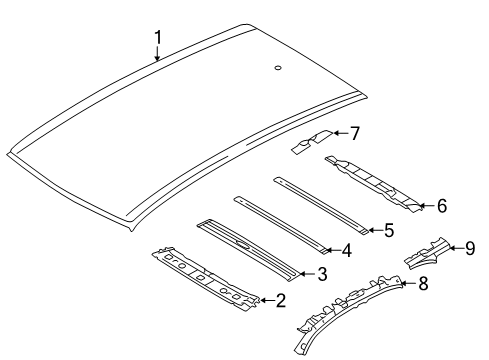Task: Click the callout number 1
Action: tap(158, 37)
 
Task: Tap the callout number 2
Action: tap(281, 300)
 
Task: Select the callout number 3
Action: tap(322, 274)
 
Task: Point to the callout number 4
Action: tap(347, 250)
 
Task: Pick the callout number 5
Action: tap(389, 230)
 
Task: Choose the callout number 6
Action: tap(442, 206)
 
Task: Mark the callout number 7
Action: tap(355, 133)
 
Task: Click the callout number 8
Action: tap(423, 284)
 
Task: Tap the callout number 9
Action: tap(470, 248)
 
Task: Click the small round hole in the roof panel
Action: tap(278, 68)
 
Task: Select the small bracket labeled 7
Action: tap(312, 142)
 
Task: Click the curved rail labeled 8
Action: tap(347, 308)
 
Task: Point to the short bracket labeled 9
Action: tap(427, 254)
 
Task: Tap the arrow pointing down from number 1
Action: tap(157, 53)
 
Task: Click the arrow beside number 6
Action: tap(427, 206)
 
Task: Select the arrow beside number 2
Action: tap(267, 300)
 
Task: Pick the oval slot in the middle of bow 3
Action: tap(243, 245)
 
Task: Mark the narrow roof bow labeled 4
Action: tap(283, 225)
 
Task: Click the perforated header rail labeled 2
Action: tap(205, 279)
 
